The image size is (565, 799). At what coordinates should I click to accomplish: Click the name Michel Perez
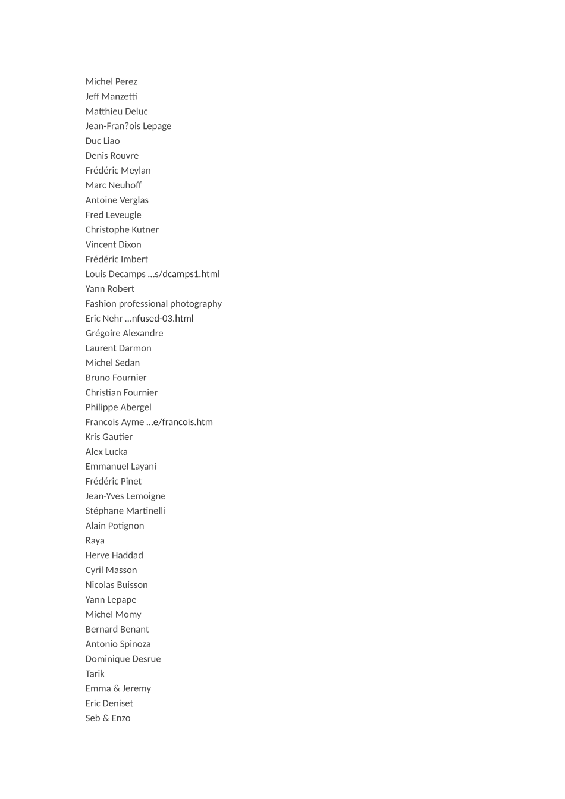tap(111, 81)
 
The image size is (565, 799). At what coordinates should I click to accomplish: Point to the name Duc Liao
tap(102, 141)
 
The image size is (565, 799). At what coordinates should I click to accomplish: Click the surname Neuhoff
tap(125, 185)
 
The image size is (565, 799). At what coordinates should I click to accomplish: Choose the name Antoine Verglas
tap(117, 200)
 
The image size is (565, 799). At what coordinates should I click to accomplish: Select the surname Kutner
tap(145, 229)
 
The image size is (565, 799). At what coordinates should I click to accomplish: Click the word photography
tap(194, 304)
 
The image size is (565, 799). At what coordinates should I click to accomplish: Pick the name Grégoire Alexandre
tap(124, 334)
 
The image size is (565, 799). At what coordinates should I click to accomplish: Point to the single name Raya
tap(95, 540)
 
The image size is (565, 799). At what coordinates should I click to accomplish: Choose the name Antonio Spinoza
tap(118, 644)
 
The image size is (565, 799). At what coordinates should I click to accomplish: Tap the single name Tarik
tap(95, 674)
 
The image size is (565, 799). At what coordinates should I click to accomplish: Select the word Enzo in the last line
tap(121, 718)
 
